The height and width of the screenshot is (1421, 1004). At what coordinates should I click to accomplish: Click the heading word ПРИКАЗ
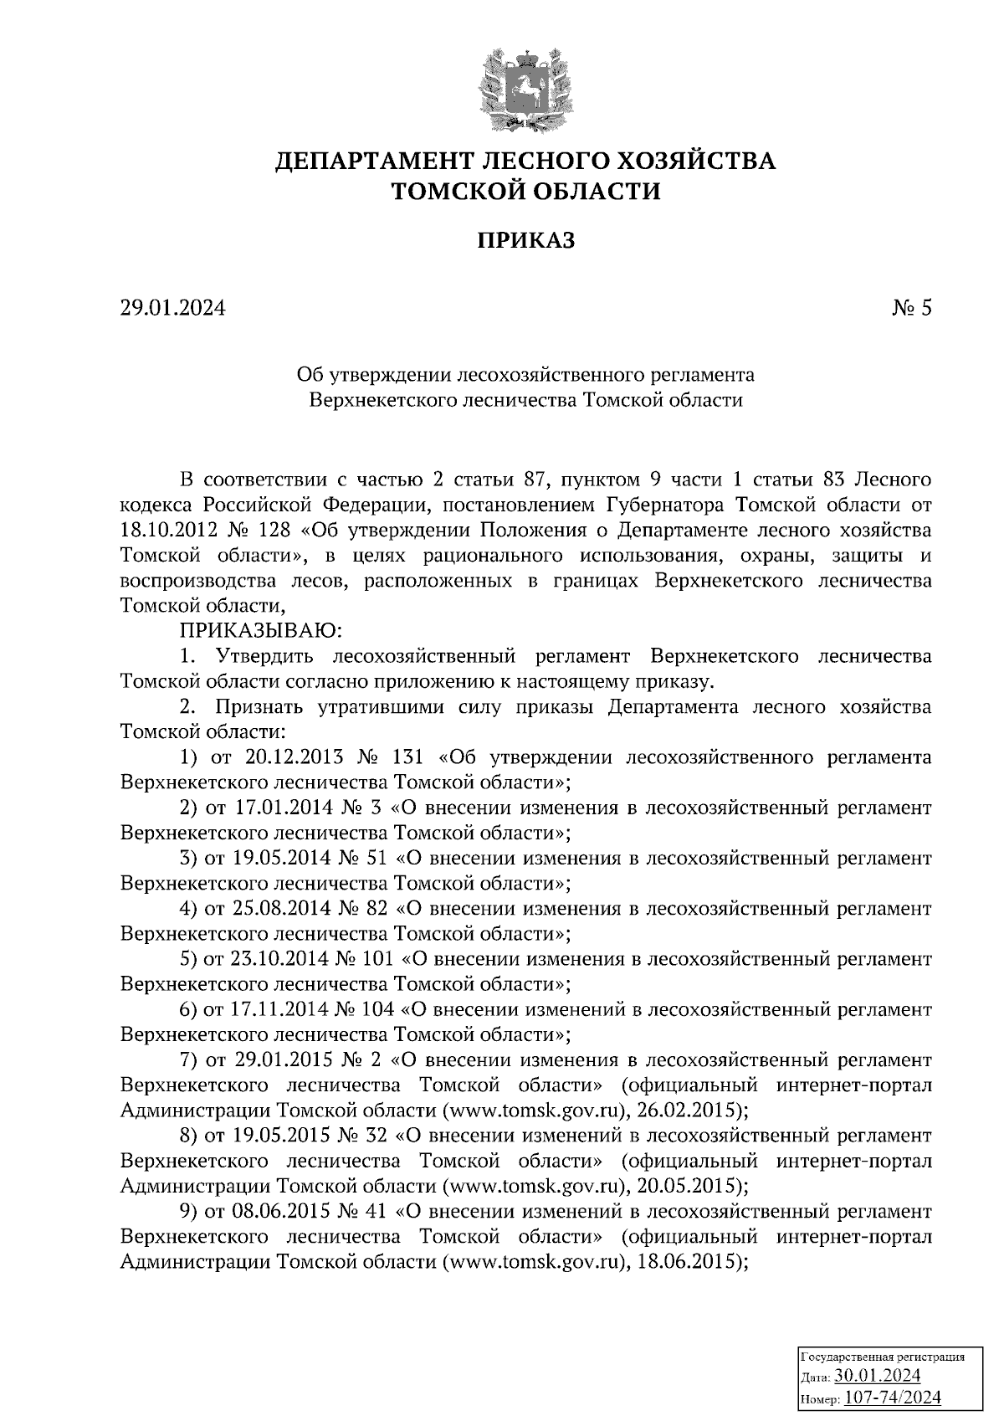526,242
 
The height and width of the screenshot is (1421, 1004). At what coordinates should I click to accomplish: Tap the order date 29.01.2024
172,309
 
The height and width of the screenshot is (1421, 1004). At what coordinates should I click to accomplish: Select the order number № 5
912,309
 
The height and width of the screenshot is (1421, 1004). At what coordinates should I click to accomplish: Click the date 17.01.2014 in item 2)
282,808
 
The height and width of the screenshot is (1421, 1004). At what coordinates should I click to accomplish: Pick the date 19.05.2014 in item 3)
282,859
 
